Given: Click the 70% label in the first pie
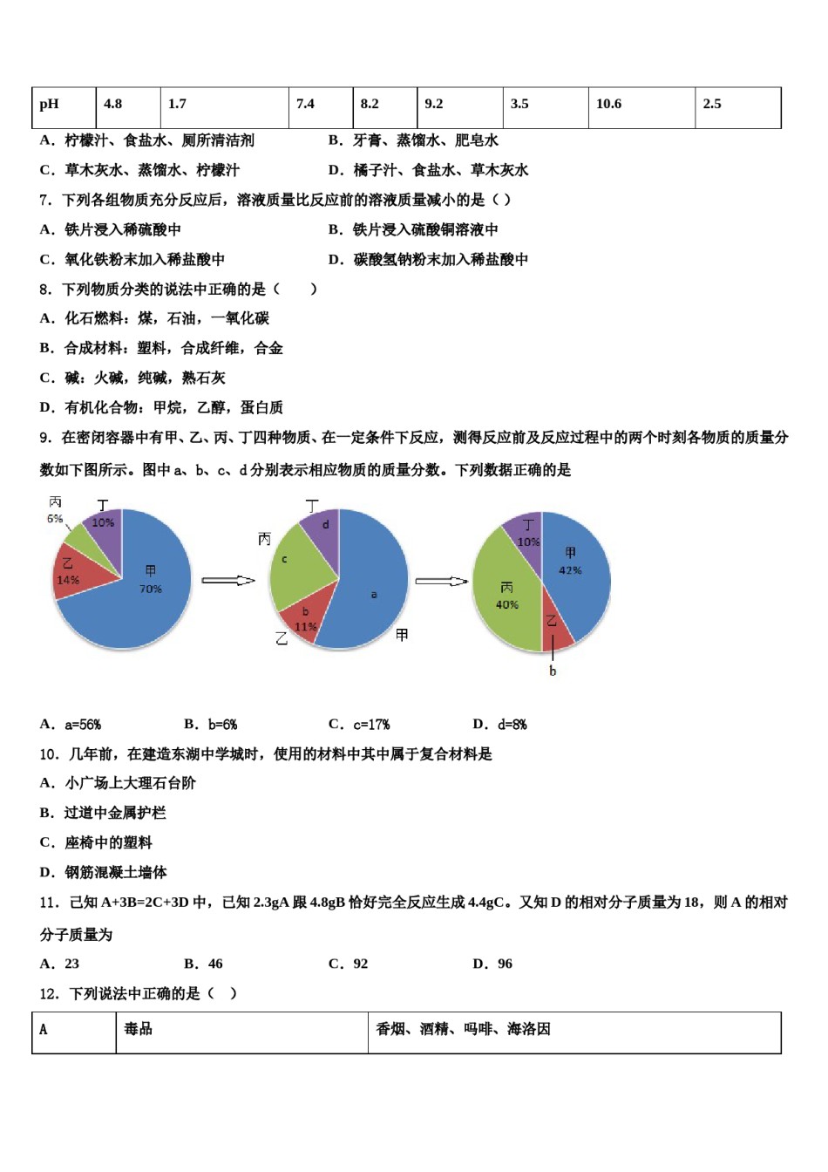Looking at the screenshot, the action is [x=151, y=589].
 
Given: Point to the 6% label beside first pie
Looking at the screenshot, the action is [x=55, y=519].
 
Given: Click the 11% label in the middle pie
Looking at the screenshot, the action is [x=306, y=626].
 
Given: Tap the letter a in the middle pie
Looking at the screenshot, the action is [x=374, y=595].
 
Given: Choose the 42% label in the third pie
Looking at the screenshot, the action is [x=570, y=570].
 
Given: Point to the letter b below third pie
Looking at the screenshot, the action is [x=553, y=671].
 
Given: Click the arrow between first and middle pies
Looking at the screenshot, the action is [x=228, y=581].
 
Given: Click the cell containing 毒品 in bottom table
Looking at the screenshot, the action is [x=139, y=1029].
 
